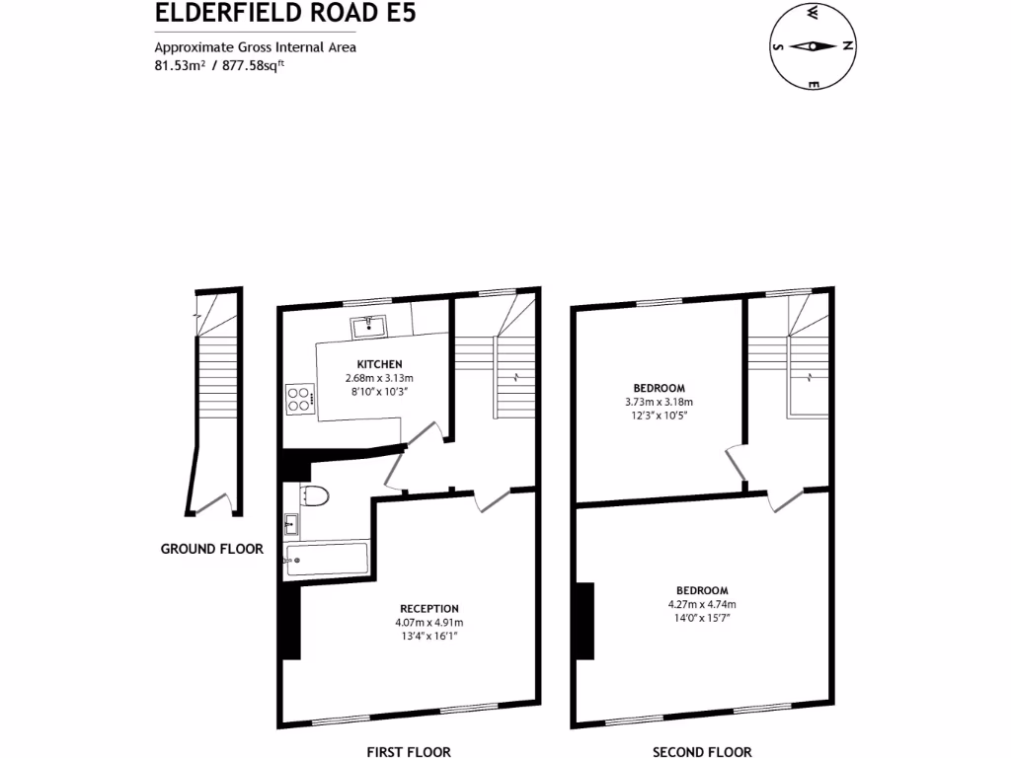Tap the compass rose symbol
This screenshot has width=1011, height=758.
tap(813, 46)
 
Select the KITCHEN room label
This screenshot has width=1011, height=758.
tap(379, 364)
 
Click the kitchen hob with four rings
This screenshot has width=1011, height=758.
tap(299, 397)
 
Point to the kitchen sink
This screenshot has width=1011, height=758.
tap(366, 326)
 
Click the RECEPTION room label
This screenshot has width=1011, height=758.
tap(428, 608)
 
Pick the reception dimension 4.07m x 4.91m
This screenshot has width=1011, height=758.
tap(428, 623)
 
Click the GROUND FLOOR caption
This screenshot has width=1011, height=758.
tap(212, 549)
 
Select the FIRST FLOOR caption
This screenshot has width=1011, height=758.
tap(409, 751)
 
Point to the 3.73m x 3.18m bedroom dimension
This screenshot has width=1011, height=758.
tap(659, 402)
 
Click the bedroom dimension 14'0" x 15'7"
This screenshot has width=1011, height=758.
tap(702, 619)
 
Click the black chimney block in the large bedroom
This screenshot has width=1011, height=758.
tap(584, 621)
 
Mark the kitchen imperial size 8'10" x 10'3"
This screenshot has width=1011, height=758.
tap(379, 392)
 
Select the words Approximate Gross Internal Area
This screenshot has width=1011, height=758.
tap(255, 46)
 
